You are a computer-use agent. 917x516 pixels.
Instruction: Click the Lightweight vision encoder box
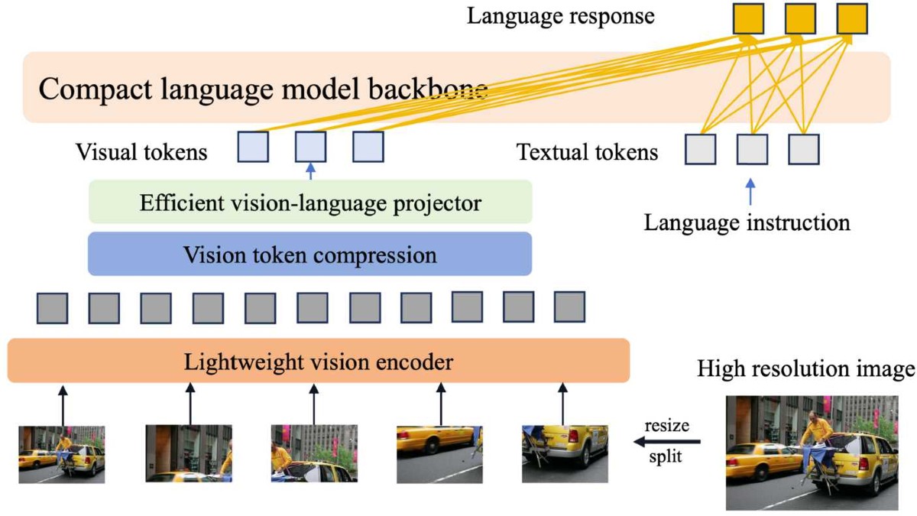(318, 361)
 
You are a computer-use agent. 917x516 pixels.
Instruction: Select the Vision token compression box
(309, 255)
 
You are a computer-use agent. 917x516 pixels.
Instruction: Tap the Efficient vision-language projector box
(310, 203)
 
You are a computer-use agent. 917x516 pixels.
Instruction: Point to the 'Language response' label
(561, 16)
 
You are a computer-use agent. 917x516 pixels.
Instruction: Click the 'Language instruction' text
(747, 222)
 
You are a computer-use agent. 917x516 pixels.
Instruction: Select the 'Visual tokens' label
(141, 152)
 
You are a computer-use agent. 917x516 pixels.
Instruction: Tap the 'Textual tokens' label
(587, 152)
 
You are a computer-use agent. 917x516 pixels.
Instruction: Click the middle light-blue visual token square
(310, 147)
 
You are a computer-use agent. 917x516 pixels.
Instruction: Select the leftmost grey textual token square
(700, 149)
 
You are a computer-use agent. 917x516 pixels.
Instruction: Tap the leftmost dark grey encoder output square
(52, 307)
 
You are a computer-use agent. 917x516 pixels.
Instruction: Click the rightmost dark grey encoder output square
(569, 307)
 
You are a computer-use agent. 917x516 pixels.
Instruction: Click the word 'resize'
(666, 425)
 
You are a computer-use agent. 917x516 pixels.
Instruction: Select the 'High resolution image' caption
(806, 369)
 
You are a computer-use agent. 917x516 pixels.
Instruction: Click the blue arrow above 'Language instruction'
(751, 191)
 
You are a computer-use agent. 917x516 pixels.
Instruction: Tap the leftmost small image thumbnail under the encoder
(61, 453)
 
